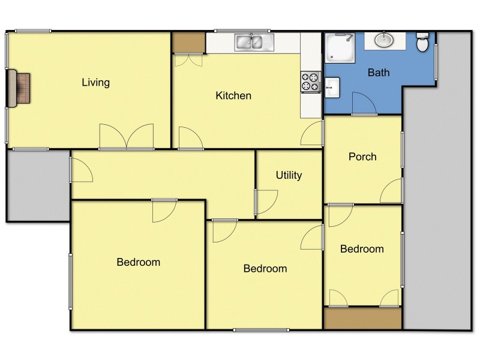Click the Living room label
coord(96,82)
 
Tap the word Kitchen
coord(233,95)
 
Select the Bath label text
coord(379,73)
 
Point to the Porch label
coord(362,157)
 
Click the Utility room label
coord(289,175)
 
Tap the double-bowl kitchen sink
coord(254,42)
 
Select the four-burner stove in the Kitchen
coord(310,82)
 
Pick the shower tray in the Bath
coord(340,47)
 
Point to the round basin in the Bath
coord(384,40)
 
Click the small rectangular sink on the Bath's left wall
coord(332,88)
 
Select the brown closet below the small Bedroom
coord(362,318)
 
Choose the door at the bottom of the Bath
coord(364,104)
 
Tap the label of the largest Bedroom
coord(139,262)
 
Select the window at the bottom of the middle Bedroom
coord(261,329)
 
